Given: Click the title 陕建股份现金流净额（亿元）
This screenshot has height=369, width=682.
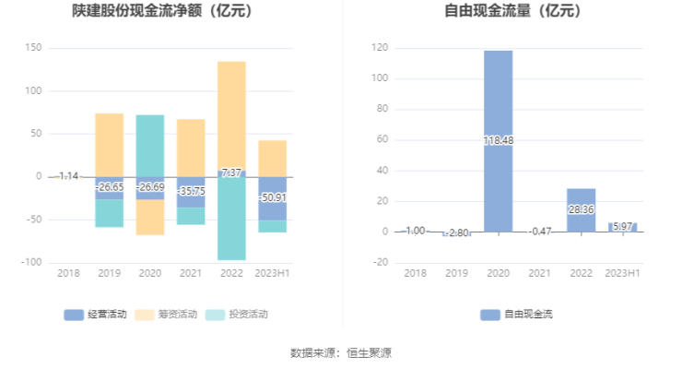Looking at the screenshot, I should pos(163,12).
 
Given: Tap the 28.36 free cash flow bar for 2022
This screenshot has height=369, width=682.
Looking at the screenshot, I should pos(581,210).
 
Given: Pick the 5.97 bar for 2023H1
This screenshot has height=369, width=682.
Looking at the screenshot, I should pos(622,227).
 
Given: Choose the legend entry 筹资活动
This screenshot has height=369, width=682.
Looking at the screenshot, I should pos(170,315).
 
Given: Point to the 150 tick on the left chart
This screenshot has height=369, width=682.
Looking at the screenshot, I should pos(33,48).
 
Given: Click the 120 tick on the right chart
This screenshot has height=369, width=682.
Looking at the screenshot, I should pos(379,48).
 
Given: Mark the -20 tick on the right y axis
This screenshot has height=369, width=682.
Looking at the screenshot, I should pos(379,262).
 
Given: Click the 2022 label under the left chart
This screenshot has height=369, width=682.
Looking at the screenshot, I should pos(231,273).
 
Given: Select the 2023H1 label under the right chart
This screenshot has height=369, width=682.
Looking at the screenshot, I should pos(622,273).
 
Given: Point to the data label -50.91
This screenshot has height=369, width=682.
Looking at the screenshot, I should pos(272,197).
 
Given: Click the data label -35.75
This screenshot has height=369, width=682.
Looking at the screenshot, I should pos(191,191).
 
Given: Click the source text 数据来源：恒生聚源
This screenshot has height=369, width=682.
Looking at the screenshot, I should pos(341,352).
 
